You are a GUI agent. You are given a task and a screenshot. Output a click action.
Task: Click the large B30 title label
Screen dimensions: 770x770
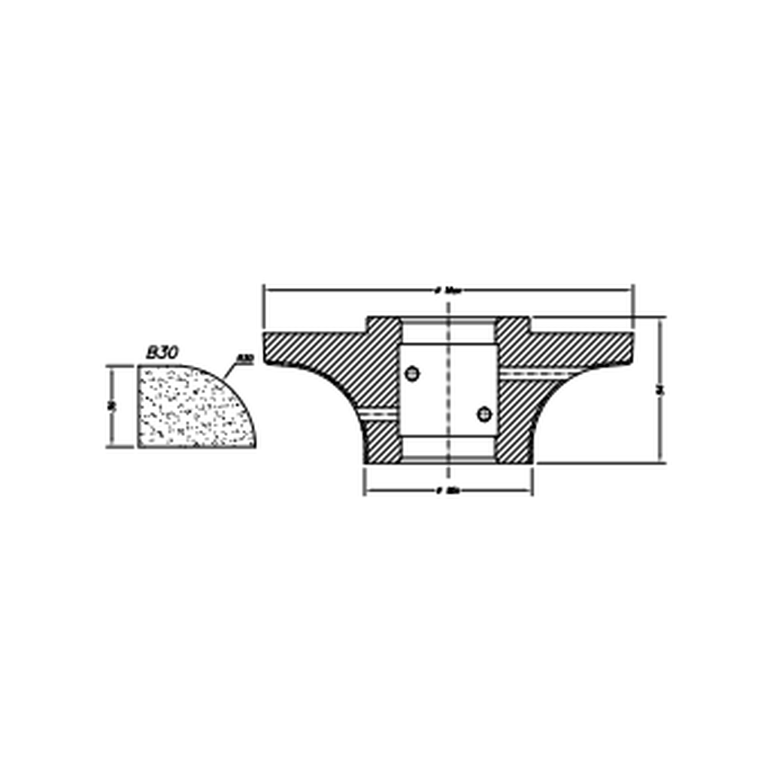pyautogui.click(x=162, y=352)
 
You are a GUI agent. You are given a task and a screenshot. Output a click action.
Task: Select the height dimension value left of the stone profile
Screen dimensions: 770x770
pyautogui.click(x=111, y=406)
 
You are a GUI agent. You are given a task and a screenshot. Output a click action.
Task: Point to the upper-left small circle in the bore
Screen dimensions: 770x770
pyautogui.click(x=411, y=374)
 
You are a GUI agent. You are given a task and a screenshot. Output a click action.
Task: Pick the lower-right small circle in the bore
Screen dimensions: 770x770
pyautogui.click(x=484, y=414)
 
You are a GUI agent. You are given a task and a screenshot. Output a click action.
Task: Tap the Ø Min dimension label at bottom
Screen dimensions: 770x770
pyautogui.click(x=449, y=491)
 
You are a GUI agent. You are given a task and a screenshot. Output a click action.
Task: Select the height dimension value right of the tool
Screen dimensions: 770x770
pyautogui.click(x=660, y=389)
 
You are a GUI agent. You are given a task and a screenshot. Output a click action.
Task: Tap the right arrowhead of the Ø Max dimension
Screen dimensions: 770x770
pyautogui.click(x=629, y=289)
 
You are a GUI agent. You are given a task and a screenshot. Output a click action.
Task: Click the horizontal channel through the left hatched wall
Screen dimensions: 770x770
pyautogui.click(x=380, y=414)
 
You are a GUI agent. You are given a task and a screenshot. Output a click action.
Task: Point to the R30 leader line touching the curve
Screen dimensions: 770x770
pyautogui.click(x=229, y=371)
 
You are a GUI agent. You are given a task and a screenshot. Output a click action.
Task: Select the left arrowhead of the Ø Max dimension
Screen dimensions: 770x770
pyautogui.click(x=268, y=289)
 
